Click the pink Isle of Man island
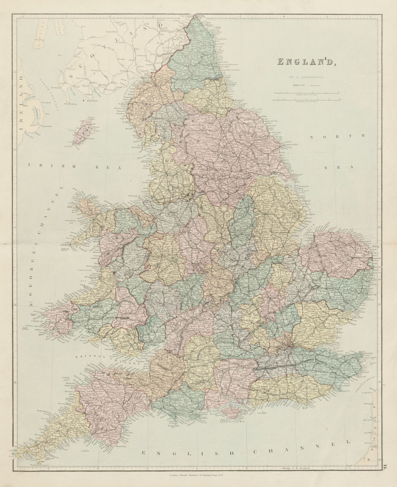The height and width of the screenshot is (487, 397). [x=83, y=131]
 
